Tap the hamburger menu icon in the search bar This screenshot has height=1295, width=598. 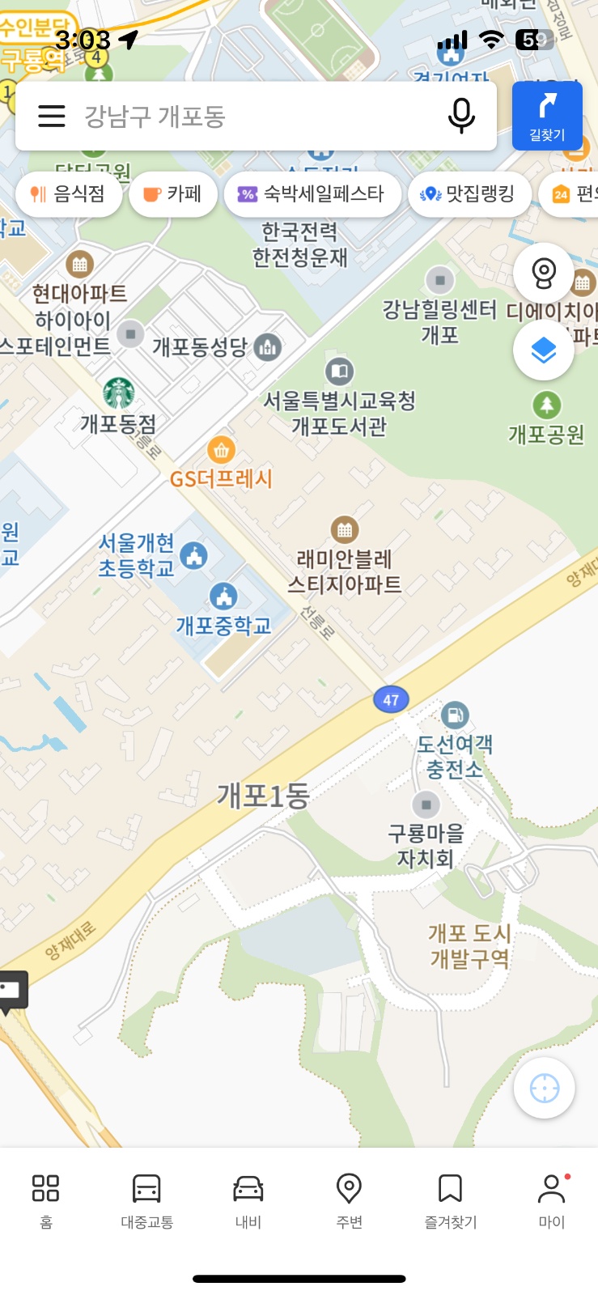click(x=52, y=117)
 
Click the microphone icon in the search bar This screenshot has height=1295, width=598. click(x=461, y=116)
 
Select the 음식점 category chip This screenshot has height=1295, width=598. click(x=69, y=194)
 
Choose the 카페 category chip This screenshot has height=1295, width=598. click(x=172, y=194)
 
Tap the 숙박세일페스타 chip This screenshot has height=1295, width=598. click(x=312, y=194)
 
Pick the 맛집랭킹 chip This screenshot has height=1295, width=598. click(x=469, y=194)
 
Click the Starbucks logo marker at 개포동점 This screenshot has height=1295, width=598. click(x=119, y=393)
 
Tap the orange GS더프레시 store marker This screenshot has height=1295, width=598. click(x=221, y=450)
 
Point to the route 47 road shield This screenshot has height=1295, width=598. click(x=391, y=700)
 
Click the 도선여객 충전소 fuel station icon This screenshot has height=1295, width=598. click(x=455, y=715)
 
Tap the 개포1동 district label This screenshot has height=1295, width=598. click(x=263, y=796)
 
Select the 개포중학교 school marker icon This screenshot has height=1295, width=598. click(x=223, y=597)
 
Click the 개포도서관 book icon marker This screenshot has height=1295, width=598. click(x=340, y=372)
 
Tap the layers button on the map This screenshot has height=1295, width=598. click(x=544, y=350)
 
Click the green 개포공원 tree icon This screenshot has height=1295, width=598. click(x=546, y=405)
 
